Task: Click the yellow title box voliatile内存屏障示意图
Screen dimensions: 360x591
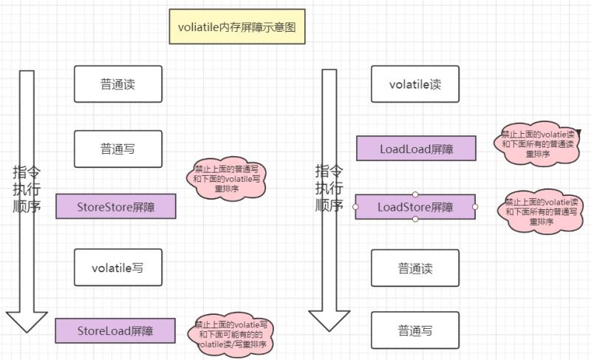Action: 236,27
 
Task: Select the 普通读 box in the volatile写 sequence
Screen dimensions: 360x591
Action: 117,84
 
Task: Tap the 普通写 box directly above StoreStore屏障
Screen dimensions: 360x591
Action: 117,149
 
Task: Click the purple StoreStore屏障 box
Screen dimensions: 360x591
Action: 116,206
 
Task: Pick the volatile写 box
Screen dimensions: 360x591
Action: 117,268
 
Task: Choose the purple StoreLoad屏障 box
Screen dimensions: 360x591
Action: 115,330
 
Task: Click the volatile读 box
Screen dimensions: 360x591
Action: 414,84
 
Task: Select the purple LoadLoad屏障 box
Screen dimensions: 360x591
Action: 416,149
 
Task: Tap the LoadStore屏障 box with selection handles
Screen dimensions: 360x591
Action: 415,206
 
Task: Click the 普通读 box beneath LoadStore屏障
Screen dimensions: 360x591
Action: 414,267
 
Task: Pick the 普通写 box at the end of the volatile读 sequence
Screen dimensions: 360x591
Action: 414,330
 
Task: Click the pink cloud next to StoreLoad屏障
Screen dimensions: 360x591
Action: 230,334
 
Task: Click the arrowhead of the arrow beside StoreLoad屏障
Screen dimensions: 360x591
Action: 27,321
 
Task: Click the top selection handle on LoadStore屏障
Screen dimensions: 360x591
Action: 415,194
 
